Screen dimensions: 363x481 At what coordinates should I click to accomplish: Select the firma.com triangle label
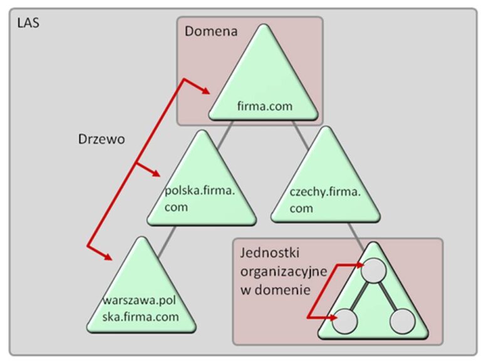click(265, 106)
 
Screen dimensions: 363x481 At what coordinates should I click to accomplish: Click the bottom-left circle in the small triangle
click(346, 320)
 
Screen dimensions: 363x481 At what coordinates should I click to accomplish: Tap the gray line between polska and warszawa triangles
click(164, 243)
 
